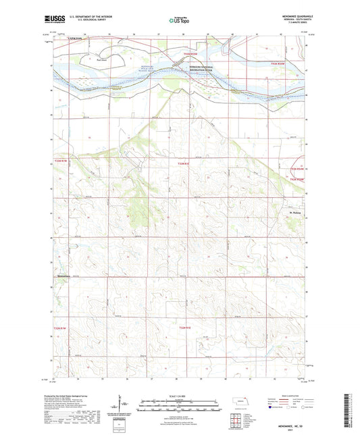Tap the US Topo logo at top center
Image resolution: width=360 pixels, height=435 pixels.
coord(180,20)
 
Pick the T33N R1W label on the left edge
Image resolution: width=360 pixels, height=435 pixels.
coord(61,160)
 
